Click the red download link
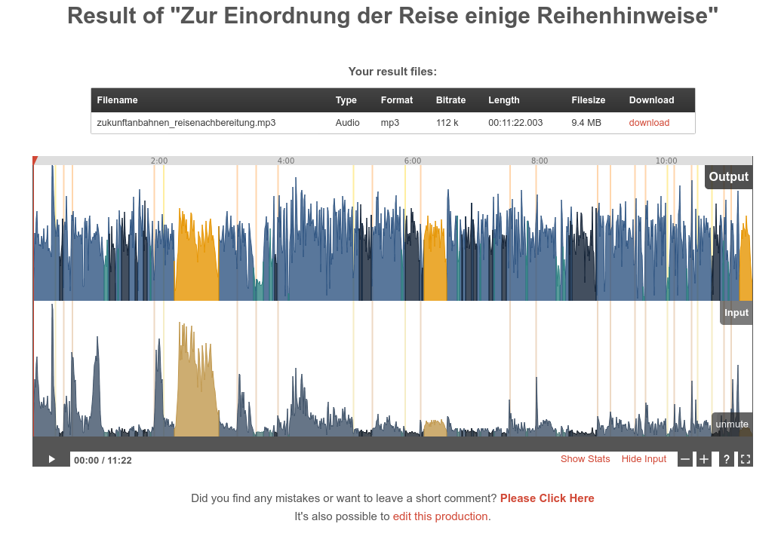[649, 123]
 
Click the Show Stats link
[585, 459]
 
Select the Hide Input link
[644, 459]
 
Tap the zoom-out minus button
[685, 459]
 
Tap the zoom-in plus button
[704, 459]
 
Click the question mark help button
[727, 459]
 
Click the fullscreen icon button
[745, 459]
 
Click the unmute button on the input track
[732, 424]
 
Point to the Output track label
[728, 177]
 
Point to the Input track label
[736, 313]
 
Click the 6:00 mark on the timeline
[413, 161]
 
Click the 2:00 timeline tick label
[159, 161]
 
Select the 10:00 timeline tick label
[666, 161]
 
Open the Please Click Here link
[547, 498]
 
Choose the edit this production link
[440, 516]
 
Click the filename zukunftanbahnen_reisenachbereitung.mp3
[186, 123]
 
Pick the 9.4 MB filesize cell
[586, 123]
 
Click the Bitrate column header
[450, 100]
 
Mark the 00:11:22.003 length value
[515, 123]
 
